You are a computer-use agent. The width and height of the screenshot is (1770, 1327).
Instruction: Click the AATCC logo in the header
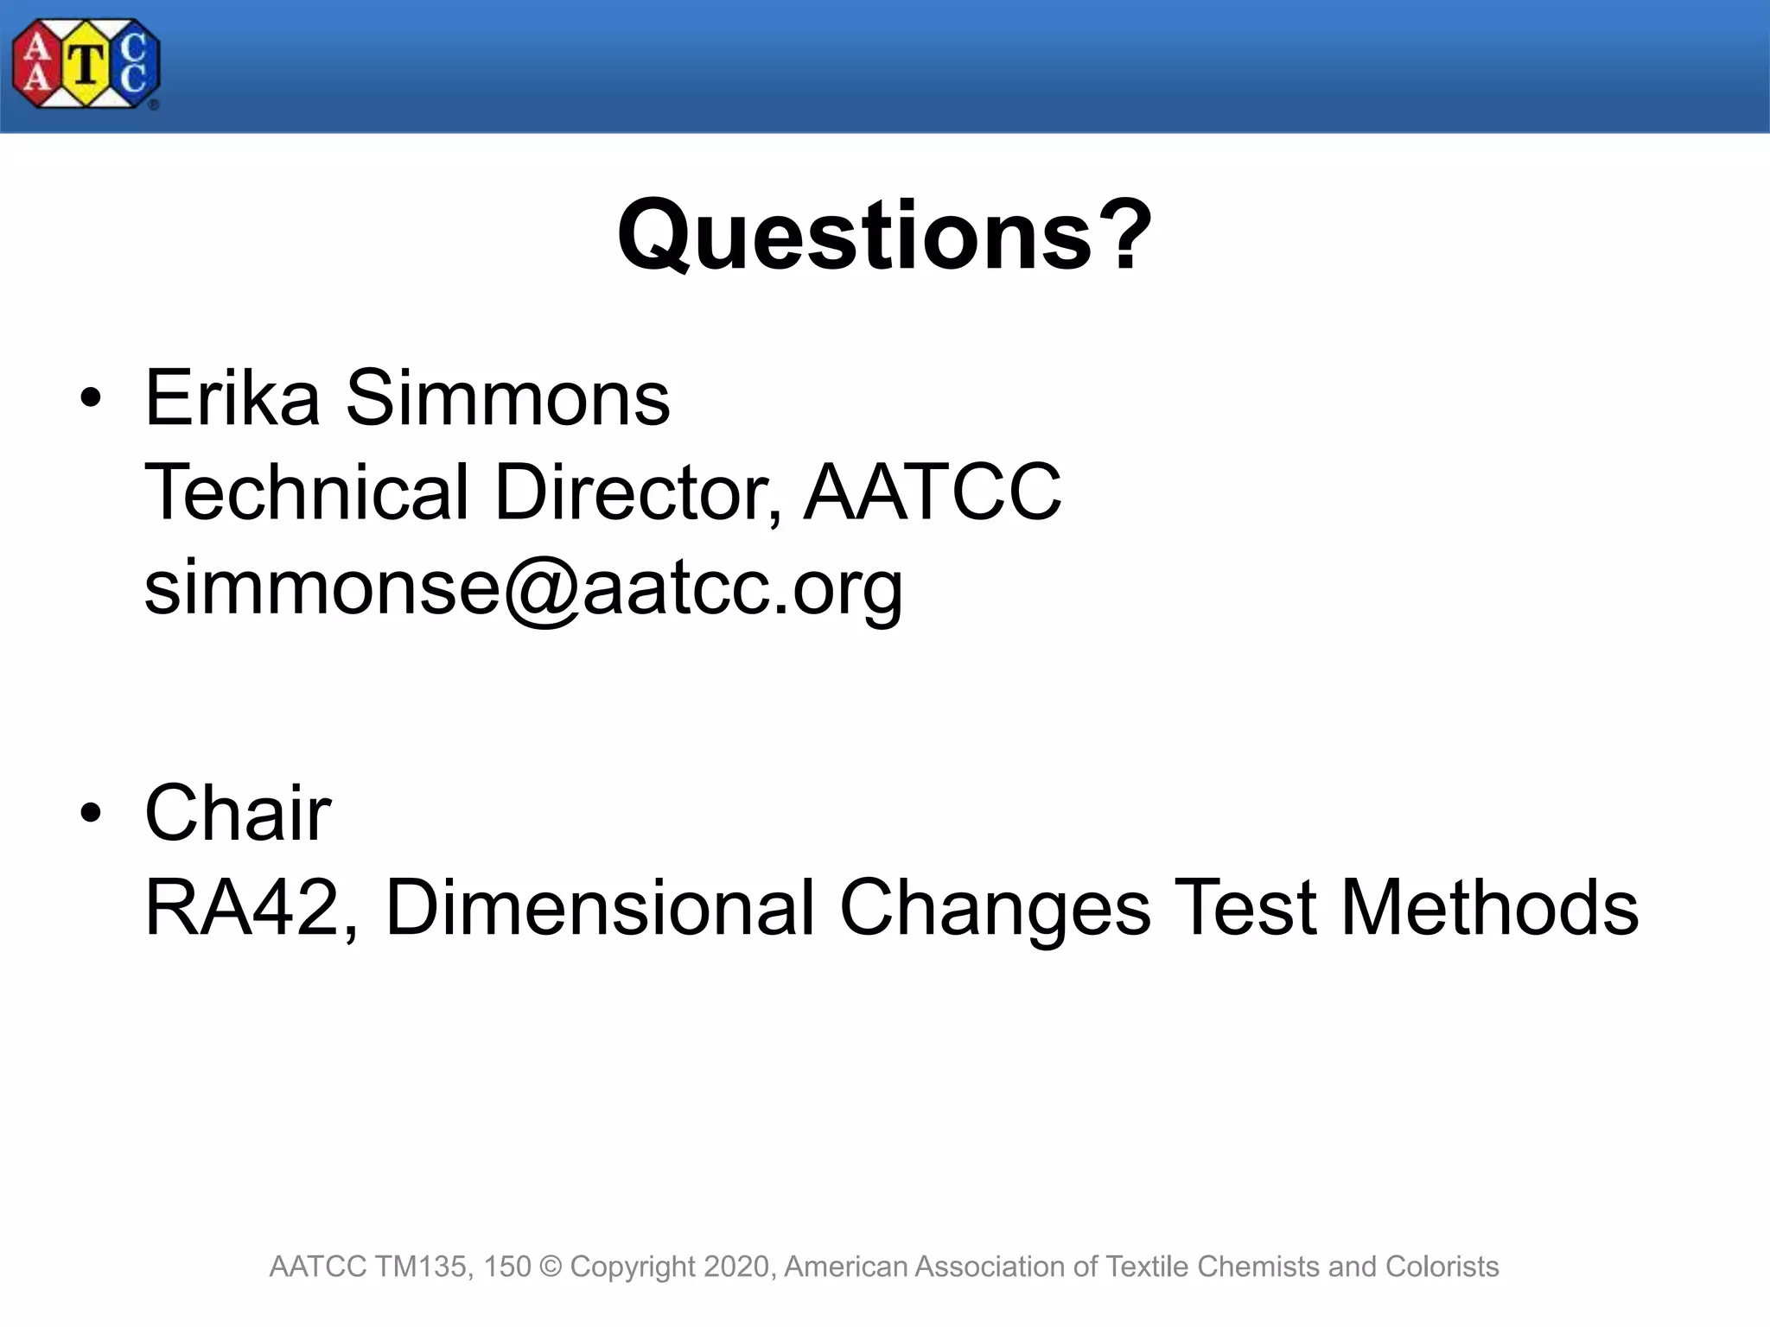click(86, 65)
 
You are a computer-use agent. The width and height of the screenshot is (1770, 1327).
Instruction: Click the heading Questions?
click(884, 235)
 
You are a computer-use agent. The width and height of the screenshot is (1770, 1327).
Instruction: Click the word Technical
click(306, 492)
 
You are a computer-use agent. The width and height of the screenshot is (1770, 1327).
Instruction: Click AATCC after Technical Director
click(932, 492)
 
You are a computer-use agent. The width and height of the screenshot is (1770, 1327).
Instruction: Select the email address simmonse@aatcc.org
click(523, 587)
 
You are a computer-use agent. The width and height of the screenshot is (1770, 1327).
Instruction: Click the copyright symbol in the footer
click(550, 1267)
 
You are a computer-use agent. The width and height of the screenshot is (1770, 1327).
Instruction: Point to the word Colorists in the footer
click(1442, 1267)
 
